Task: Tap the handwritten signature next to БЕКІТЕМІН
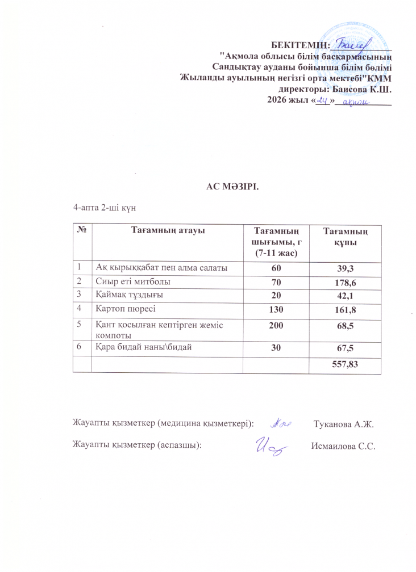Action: pyautogui.click(x=352, y=43)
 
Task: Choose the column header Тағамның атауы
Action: pyautogui.click(x=168, y=230)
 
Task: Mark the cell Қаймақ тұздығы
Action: pyautogui.click(x=123, y=295)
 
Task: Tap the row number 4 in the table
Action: pyautogui.click(x=81, y=309)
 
